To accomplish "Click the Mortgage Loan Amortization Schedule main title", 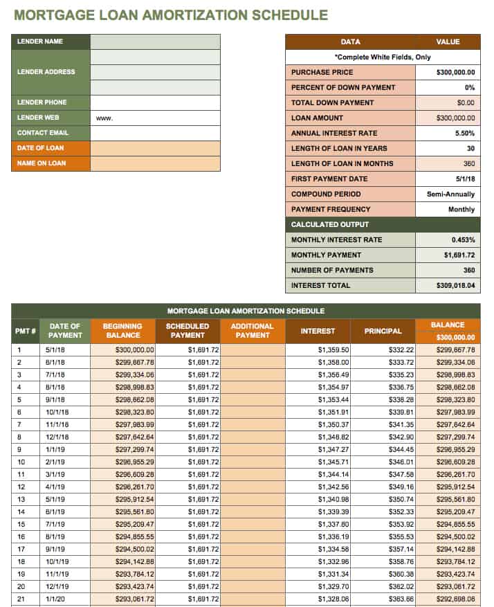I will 171,15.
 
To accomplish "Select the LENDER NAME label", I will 40,42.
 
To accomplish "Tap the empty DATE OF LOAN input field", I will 155,148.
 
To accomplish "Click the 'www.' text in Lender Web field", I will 104,118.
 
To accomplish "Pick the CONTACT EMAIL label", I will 43,133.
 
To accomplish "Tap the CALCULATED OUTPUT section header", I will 330,225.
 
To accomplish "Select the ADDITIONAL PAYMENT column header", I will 252,331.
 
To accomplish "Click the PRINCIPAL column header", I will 383,331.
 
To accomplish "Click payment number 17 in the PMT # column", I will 20,550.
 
